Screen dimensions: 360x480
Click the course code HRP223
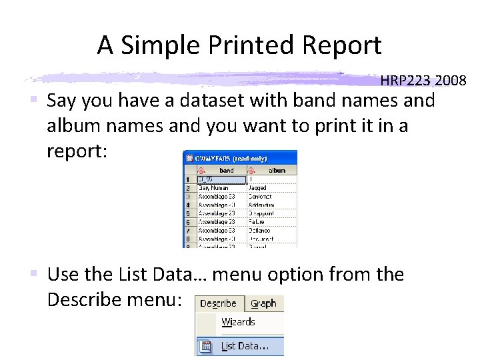pos(406,81)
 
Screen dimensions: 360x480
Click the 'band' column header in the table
pos(227,170)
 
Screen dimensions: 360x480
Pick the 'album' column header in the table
pos(276,170)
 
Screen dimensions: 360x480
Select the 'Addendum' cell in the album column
pos(261,205)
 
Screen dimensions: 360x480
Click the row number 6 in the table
pos(188,222)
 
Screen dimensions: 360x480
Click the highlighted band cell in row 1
pos(221,180)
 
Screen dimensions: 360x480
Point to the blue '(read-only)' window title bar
pos(240,159)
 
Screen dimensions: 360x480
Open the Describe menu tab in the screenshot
pos(219,303)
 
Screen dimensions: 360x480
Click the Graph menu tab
pos(263,303)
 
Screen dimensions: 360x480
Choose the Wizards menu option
pos(239,322)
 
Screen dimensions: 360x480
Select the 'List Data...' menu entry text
pos(245,347)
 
